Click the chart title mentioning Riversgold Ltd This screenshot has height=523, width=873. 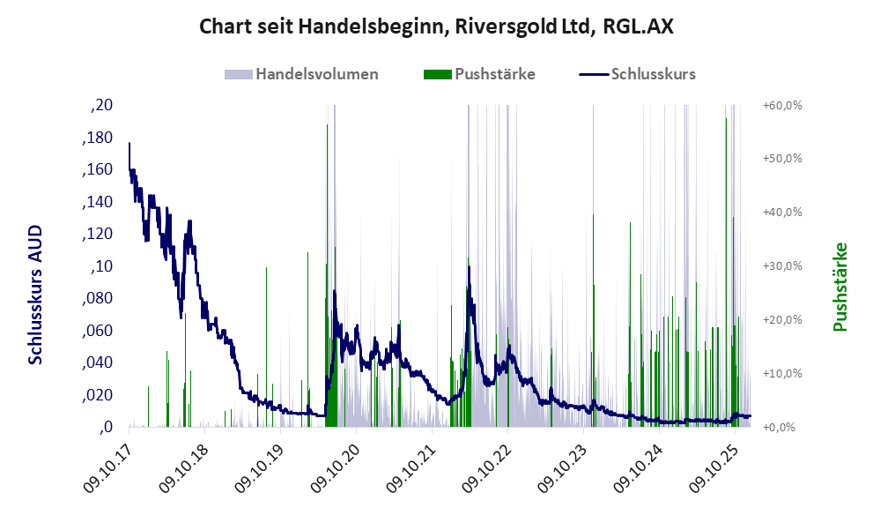(x=436, y=26)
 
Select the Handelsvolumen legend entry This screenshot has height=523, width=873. (x=316, y=74)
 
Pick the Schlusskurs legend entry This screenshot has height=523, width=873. (x=652, y=74)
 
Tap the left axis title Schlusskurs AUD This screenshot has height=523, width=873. (x=35, y=295)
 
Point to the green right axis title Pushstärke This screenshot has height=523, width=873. (x=840, y=288)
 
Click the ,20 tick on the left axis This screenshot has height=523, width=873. (x=102, y=106)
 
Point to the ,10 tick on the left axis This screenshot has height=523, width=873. (x=102, y=267)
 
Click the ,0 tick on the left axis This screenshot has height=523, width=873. (x=106, y=428)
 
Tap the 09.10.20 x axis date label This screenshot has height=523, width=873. (x=336, y=463)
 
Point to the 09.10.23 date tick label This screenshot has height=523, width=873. (x=564, y=463)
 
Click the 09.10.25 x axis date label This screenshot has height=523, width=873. (x=715, y=463)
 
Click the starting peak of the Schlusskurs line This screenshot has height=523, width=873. (x=129, y=143)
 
